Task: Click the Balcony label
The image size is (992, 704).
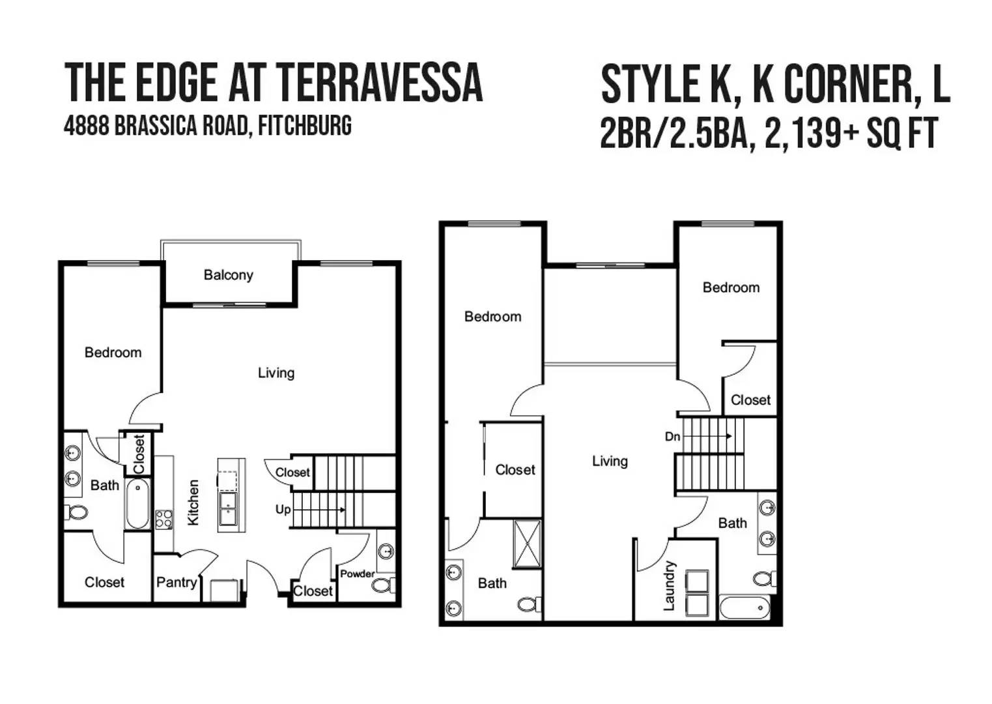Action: click(x=228, y=275)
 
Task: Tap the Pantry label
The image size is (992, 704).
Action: click(x=177, y=583)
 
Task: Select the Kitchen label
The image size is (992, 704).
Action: click(x=193, y=503)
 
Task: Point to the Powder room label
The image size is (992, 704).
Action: click(x=357, y=574)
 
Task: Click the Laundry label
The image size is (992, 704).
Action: click(x=669, y=585)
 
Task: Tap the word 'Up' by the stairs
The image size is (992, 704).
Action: click(x=283, y=510)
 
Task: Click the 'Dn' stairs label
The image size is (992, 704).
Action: click(x=672, y=437)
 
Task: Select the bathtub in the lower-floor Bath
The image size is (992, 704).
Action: click(x=137, y=504)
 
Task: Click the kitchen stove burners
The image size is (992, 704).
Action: click(x=163, y=519)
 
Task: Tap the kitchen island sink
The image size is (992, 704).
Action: click(x=228, y=508)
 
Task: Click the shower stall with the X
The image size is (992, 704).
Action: click(x=527, y=544)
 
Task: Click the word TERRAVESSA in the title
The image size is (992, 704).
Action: click(x=381, y=83)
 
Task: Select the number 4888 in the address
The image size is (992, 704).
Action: click(x=87, y=125)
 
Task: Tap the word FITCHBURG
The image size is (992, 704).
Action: click(x=305, y=125)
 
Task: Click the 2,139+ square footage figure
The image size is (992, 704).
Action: click(x=812, y=132)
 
